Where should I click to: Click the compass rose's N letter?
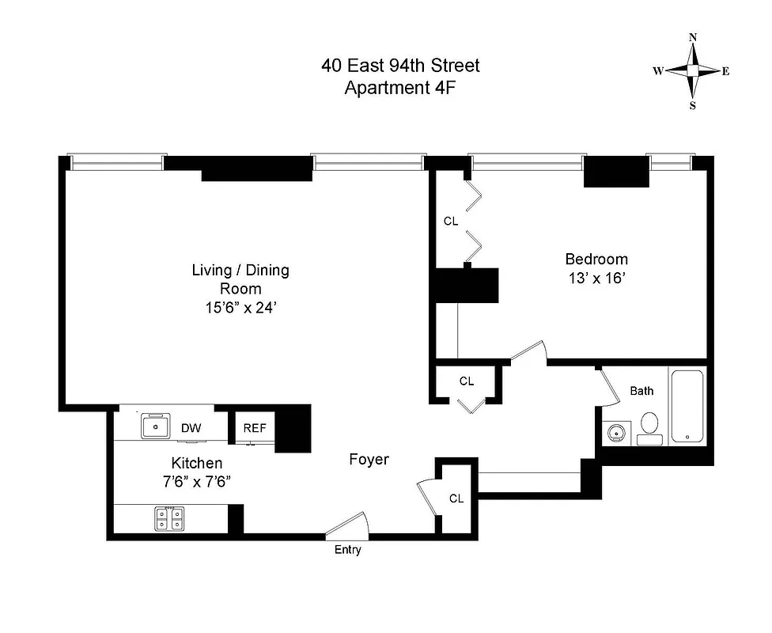(x=693, y=37)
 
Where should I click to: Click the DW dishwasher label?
(x=191, y=428)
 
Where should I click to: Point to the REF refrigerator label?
(x=255, y=428)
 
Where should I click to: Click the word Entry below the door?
(x=347, y=550)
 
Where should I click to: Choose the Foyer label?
(x=369, y=459)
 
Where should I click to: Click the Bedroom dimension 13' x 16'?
(x=596, y=278)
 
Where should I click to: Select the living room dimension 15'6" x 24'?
(x=240, y=308)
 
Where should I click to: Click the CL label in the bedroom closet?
(x=450, y=222)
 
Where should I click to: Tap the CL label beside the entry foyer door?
(x=456, y=498)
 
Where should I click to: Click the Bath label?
(x=641, y=390)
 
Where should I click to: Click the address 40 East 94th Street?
(x=400, y=65)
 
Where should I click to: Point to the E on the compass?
(x=725, y=71)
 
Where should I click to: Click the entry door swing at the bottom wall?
(x=348, y=525)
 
